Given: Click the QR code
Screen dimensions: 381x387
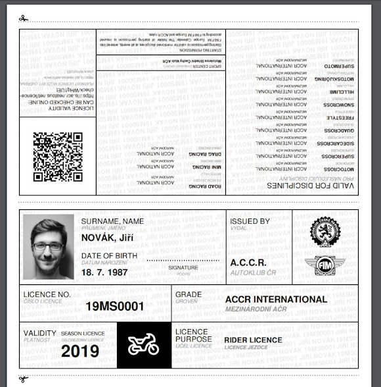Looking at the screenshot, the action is tap(58, 157).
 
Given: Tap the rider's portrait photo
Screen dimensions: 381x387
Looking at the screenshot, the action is tap(48, 246).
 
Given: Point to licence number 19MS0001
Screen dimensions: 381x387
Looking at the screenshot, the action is tap(114, 306).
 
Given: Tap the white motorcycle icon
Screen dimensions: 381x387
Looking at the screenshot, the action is tap(144, 345).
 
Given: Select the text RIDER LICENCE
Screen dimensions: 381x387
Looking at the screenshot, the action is tap(253, 340).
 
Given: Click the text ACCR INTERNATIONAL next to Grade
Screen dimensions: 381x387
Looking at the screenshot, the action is tap(275, 299).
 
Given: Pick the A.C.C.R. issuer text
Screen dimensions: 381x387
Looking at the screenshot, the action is tap(248, 263).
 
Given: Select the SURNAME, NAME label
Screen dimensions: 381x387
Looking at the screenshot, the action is tap(112, 221).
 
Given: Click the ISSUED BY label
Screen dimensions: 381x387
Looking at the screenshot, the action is tap(250, 222).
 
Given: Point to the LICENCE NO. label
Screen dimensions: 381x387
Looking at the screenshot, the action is tap(47, 294).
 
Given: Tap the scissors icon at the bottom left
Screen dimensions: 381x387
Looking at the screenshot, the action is tap(24, 378).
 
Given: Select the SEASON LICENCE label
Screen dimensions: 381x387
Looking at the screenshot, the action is tap(83, 334).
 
